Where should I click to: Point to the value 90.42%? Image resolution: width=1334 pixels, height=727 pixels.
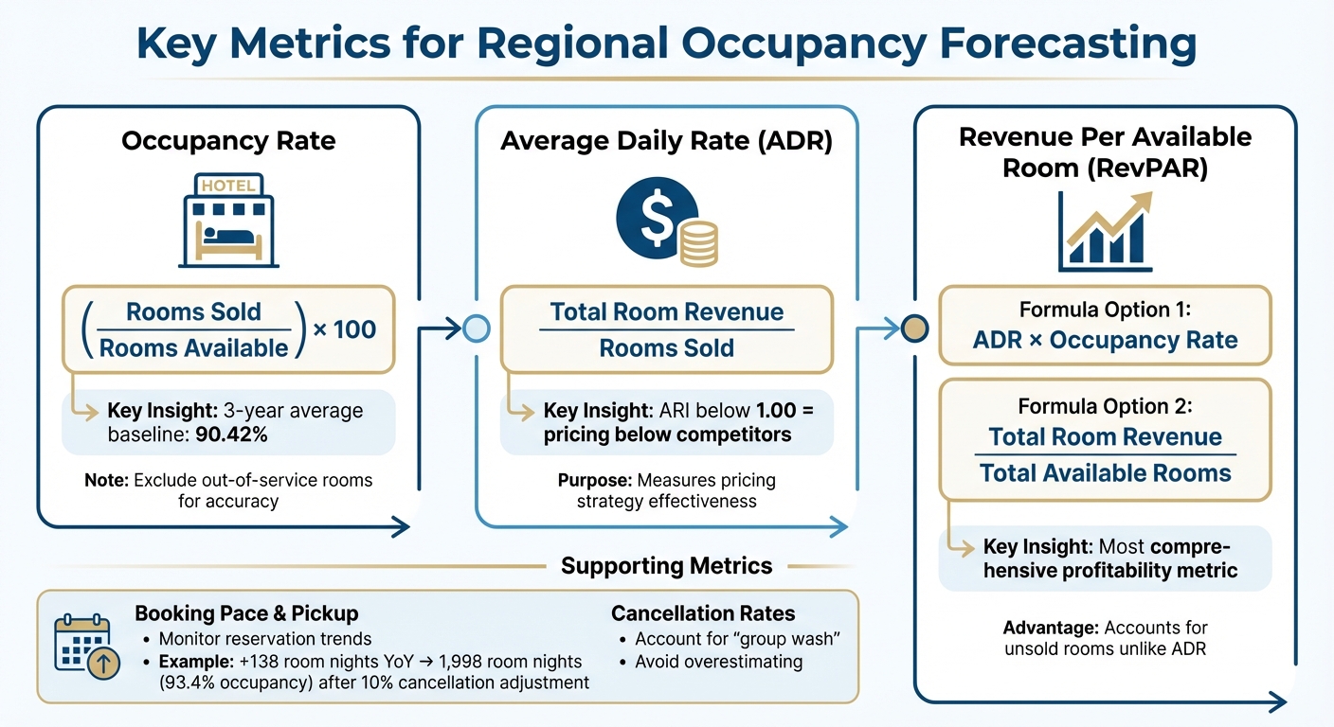point(238,438)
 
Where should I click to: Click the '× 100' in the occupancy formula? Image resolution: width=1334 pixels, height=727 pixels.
point(344,329)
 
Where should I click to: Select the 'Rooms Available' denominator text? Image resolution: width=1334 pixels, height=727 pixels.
point(193,347)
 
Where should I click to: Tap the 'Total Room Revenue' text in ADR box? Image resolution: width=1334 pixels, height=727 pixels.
point(667,312)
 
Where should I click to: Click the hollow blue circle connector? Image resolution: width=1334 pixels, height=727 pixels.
point(477,329)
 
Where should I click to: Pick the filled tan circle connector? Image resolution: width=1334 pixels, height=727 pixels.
point(913,329)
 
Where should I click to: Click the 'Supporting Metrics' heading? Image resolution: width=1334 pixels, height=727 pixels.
point(666,566)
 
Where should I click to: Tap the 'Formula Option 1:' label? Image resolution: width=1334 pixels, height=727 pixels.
point(1105,310)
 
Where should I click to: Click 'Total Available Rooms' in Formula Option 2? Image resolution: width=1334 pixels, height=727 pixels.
point(1105,472)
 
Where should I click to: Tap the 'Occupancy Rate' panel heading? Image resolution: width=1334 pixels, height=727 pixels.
point(228,142)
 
